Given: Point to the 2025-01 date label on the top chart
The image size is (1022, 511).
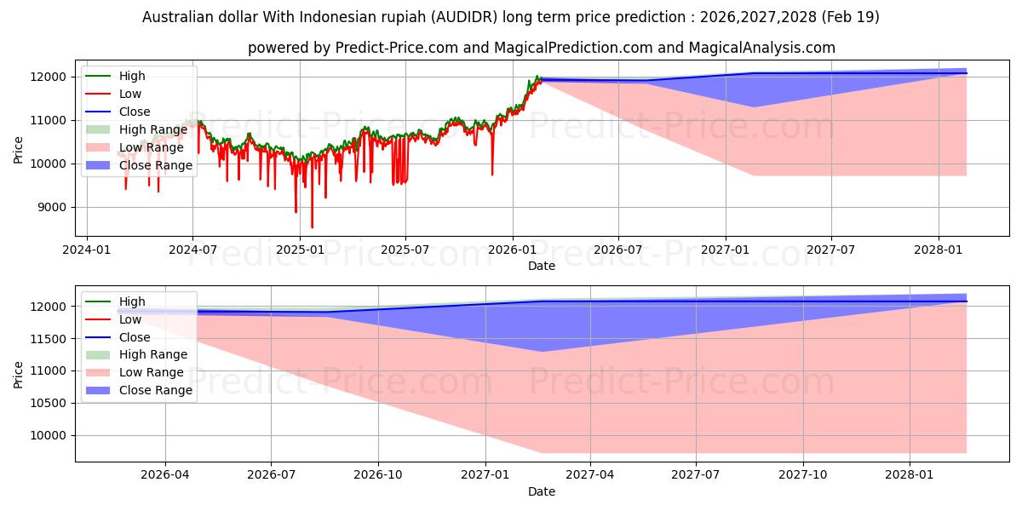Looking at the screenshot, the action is click(x=300, y=250).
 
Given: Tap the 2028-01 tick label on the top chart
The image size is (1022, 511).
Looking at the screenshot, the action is click(x=939, y=250).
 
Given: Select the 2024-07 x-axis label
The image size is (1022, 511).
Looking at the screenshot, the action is click(x=192, y=250).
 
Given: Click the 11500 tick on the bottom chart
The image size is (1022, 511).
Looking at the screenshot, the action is click(x=49, y=339).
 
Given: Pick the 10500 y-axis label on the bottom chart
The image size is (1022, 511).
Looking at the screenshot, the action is click(x=49, y=404).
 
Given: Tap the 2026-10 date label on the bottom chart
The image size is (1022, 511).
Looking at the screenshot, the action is click(x=378, y=475).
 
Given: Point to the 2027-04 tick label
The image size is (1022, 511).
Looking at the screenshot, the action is click(x=590, y=475).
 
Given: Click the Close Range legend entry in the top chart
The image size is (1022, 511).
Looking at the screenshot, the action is click(x=139, y=165).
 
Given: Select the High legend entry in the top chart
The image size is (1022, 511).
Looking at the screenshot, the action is click(x=116, y=76).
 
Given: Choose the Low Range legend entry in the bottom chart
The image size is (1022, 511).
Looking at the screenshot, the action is click(x=135, y=372).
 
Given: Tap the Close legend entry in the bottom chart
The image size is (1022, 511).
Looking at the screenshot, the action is click(x=118, y=337).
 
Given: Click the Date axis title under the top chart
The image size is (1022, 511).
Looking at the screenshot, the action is click(x=542, y=266).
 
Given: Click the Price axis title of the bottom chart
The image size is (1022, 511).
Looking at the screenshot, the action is click(x=18, y=375).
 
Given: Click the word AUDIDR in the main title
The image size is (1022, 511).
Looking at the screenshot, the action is click(x=465, y=17).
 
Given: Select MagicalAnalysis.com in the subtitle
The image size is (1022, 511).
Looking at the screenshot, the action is click(x=762, y=48).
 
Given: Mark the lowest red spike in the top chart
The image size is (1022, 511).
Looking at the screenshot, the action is click(x=312, y=227).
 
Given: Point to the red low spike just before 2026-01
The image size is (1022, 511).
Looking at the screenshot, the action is click(x=492, y=175).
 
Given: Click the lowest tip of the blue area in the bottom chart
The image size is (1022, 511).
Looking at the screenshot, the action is click(x=542, y=351).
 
